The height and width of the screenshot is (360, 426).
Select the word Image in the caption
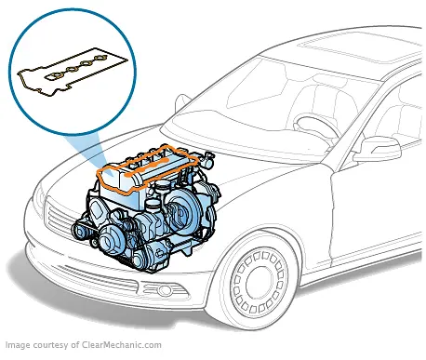click(x=20, y=342)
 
